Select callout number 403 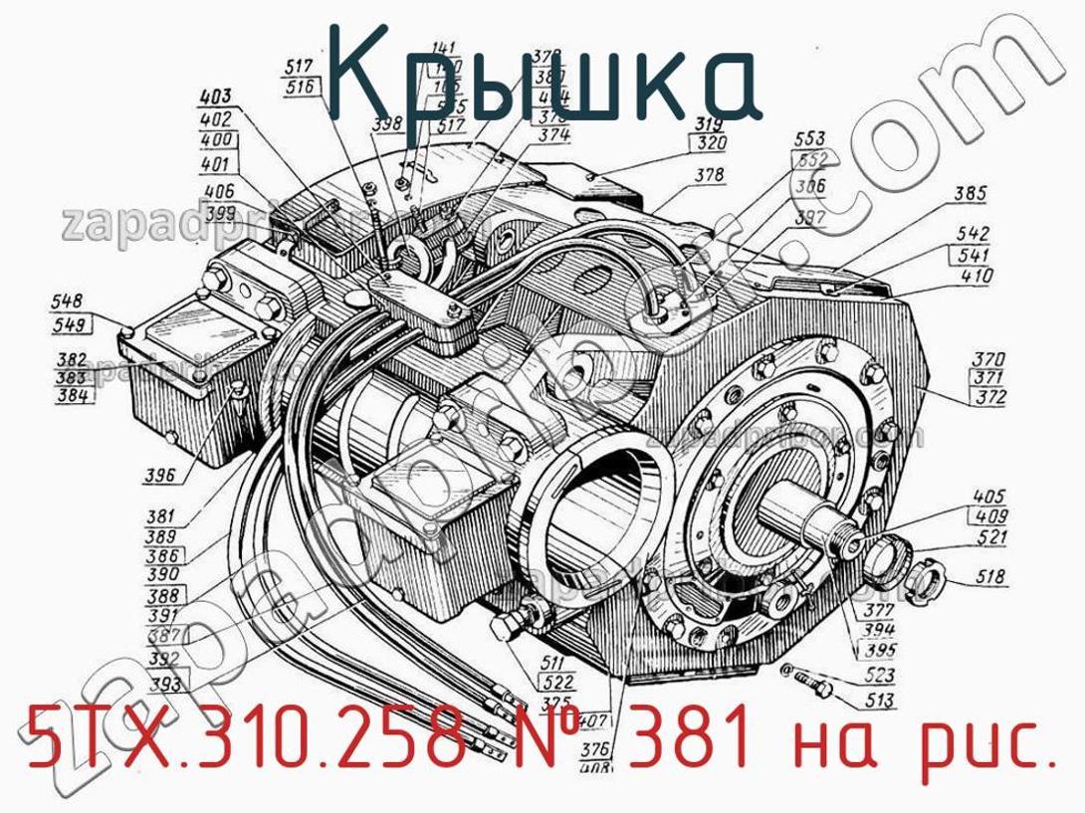point(215,98)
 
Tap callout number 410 point(972,276)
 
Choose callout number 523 point(877,676)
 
